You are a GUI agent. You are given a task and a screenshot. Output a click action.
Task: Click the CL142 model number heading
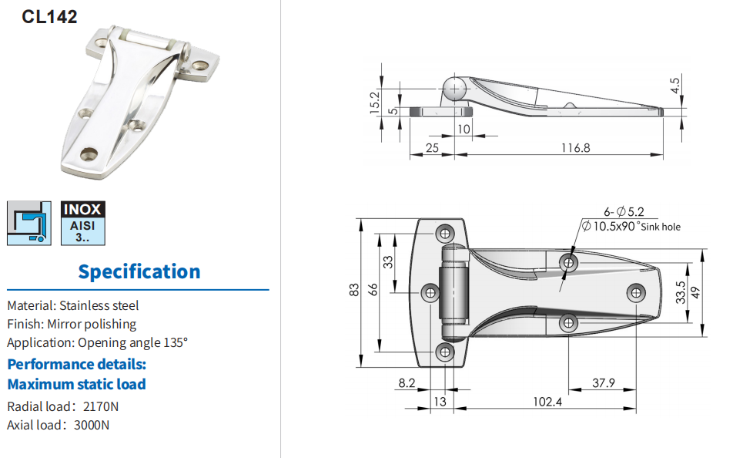click(x=49, y=17)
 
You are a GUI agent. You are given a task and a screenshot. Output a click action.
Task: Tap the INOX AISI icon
click(x=83, y=223)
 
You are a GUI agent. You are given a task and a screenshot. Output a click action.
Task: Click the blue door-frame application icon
click(x=29, y=223)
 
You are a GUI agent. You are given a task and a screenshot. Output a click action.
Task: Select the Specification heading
click(x=139, y=271)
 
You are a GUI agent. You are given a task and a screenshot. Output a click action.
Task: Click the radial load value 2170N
click(x=100, y=407)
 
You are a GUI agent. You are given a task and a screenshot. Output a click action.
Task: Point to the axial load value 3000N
click(x=92, y=426)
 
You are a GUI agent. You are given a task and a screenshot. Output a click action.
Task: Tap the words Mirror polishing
click(x=92, y=324)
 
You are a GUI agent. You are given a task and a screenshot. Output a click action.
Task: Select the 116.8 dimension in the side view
click(x=576, y=148)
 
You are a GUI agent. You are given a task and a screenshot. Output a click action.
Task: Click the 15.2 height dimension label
click(x=375, y=103)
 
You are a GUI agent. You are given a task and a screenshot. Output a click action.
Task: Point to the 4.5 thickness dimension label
click(x=674, y=86)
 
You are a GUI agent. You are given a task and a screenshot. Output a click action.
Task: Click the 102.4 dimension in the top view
click(x=547, y=402)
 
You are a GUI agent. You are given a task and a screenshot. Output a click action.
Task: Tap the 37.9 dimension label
click(x=603, y=383)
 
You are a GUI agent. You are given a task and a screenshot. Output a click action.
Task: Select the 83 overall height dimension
click(x=354, y=290)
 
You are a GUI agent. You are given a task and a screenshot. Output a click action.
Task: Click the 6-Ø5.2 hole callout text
click(x=624, y=212)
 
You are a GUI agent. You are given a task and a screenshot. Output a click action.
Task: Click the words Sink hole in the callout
click(x=661, y=227)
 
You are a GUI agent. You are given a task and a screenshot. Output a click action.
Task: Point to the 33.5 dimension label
click(x=681, y=292)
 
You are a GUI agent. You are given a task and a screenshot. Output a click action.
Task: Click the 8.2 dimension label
click(x=407, y=383)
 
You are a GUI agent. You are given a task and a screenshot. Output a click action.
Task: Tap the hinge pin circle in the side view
click(x=454, y=89)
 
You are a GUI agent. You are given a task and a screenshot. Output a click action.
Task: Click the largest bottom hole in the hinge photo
click(x=89, y=153)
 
